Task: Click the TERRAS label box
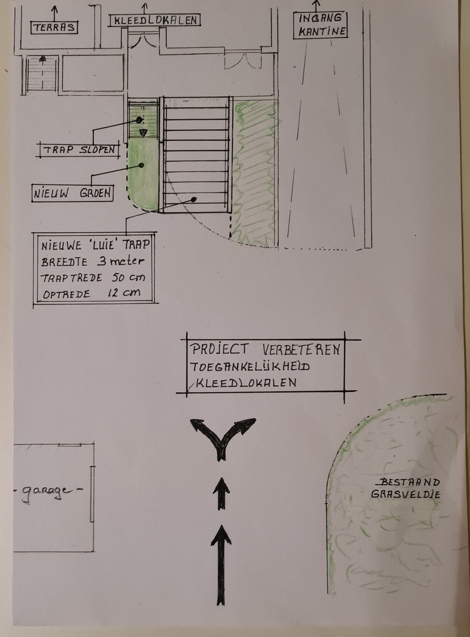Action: (x=54, y=28)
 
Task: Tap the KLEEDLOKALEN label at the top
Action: (x=154, y=20)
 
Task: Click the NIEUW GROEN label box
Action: (x=72, y=194)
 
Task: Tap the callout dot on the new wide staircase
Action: (x=194, y=199)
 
